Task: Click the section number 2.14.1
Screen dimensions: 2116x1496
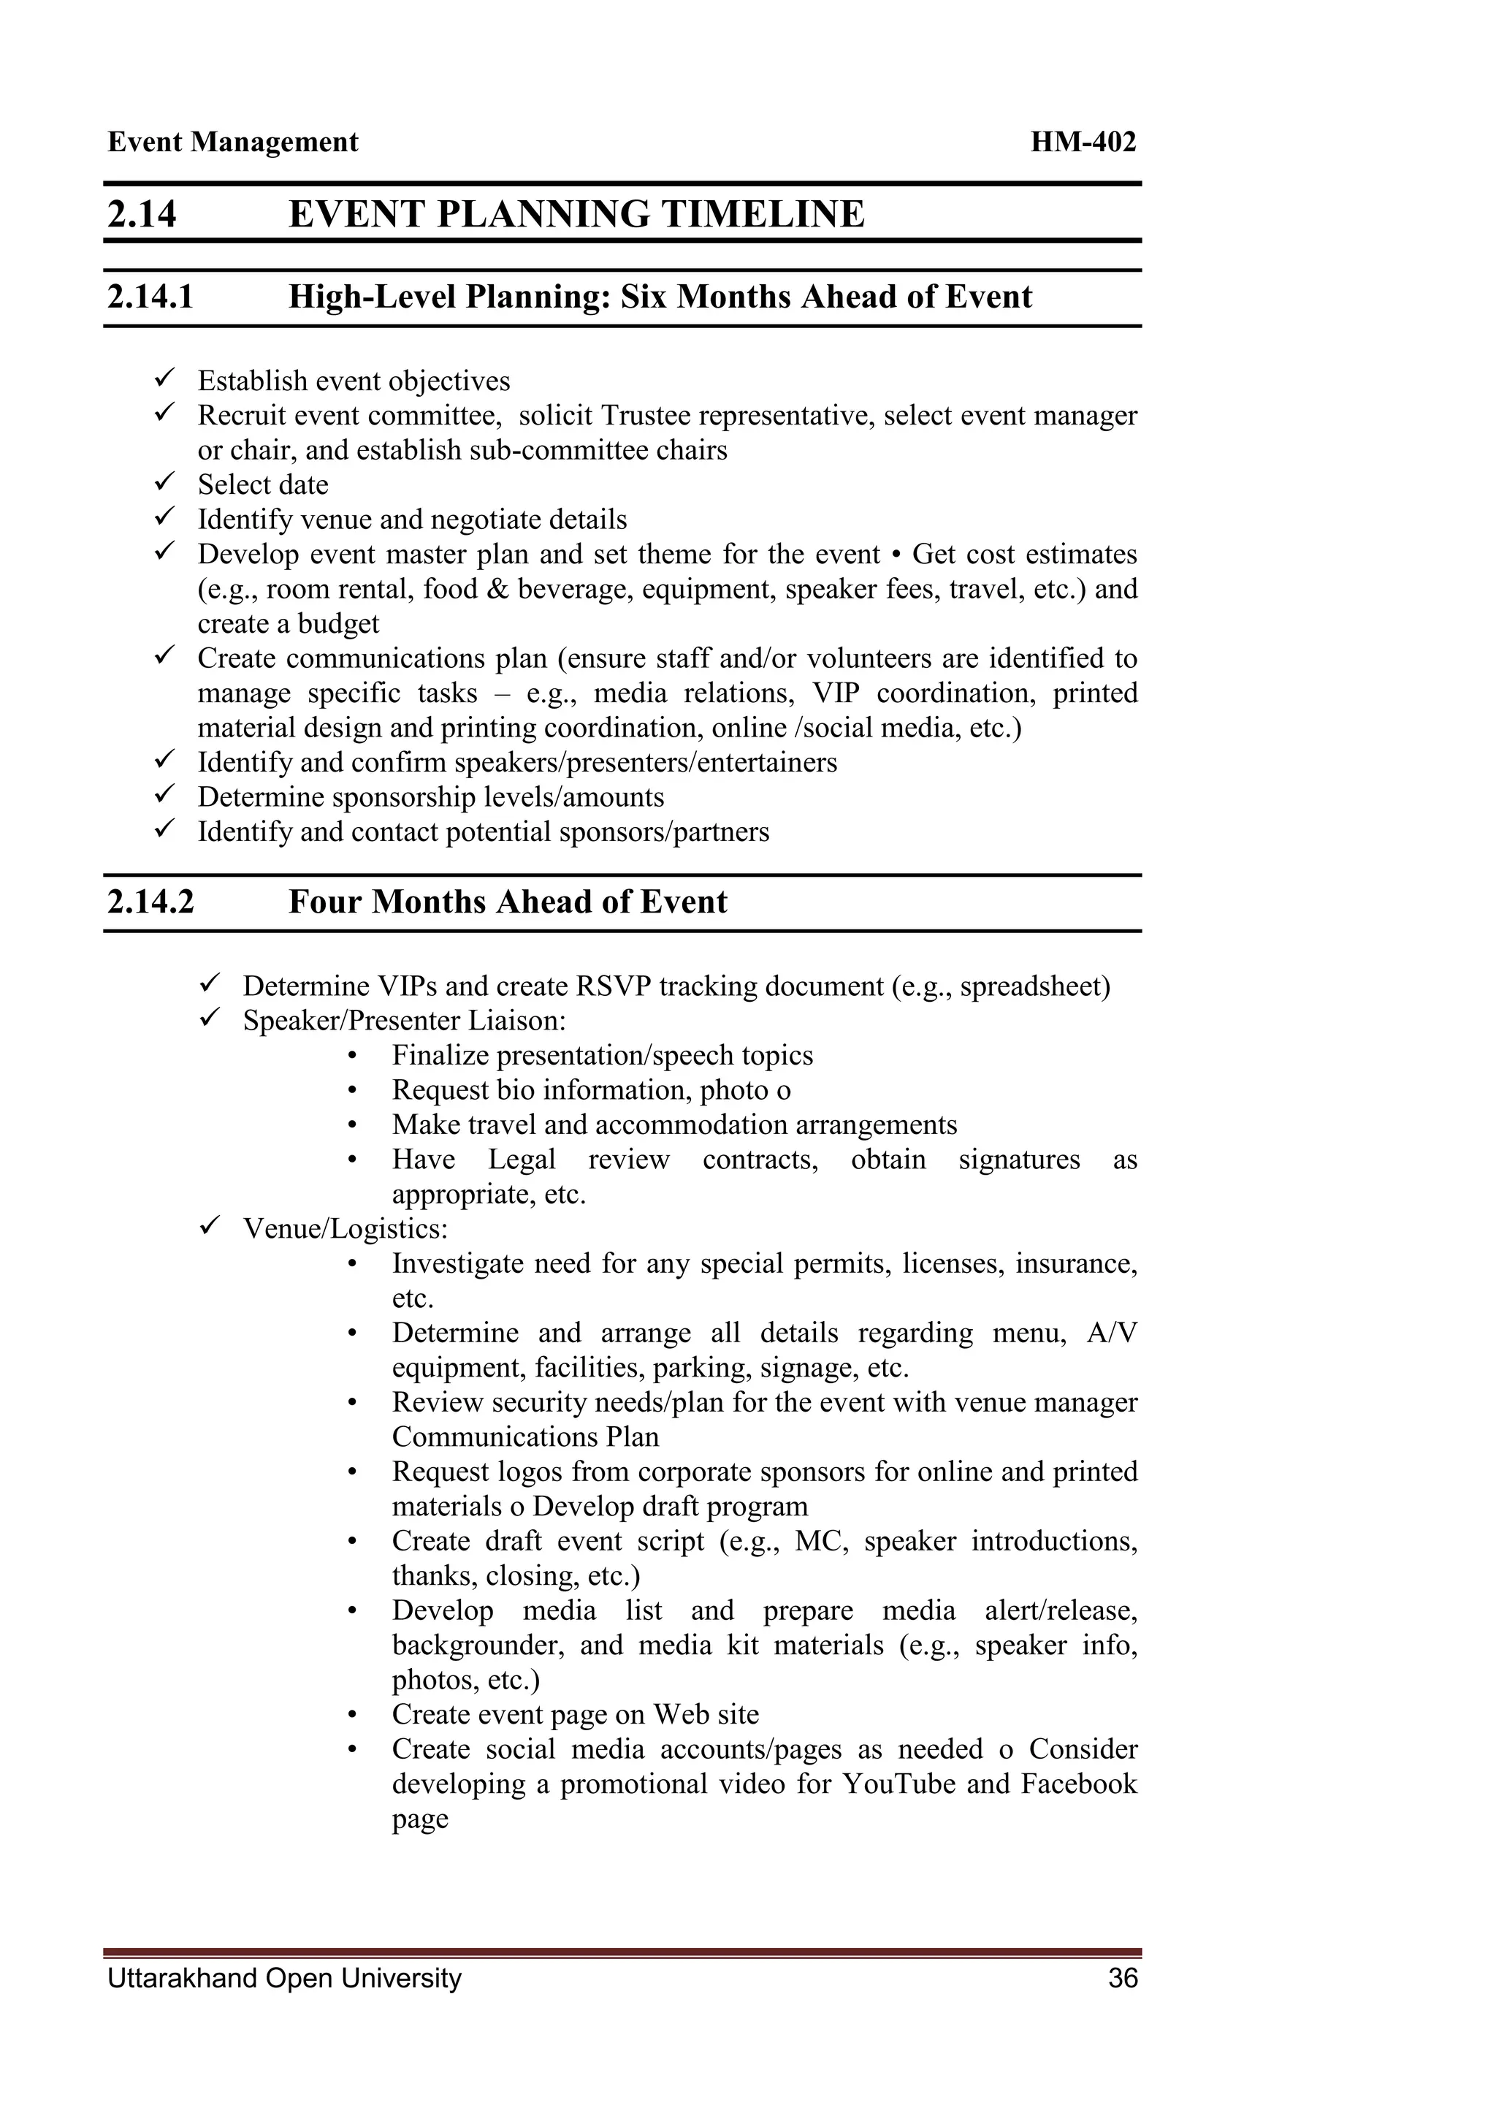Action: tap(150, 297)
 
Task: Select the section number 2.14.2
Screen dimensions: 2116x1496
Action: tap(150, 902)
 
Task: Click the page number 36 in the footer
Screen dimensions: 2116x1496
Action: tap(1123, 1978)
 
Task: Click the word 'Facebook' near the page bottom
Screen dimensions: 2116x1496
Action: tap(1079, 1784)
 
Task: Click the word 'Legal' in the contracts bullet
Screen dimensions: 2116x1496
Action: tap(522, 1160)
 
